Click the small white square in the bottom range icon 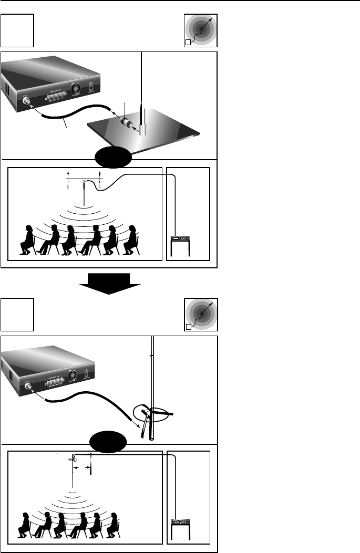pos(190,329)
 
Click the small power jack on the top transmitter pos(91,87)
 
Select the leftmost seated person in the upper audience pos(25,240)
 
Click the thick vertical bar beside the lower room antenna pos(90,463)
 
